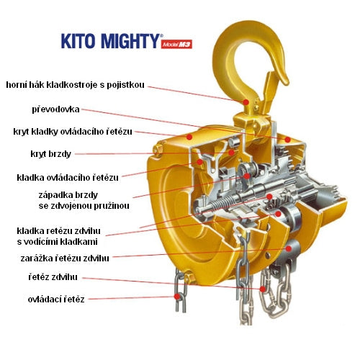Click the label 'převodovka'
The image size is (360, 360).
(x=55, y=110)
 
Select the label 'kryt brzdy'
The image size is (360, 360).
(x=48, y=154)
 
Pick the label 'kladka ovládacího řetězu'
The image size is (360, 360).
(x=68, y=177)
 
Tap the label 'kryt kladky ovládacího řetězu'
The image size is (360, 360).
(x=74, y=132)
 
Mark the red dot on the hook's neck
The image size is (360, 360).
(x=246, y=103)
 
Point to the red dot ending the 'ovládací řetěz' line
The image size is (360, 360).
(x=176, y=297)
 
